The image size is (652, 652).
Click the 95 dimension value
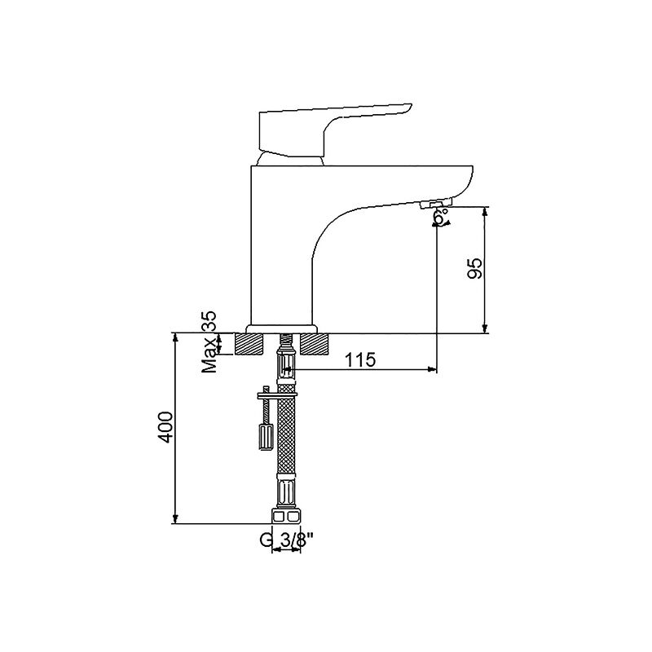click(474, 268)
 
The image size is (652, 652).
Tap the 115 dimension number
click(360, 359)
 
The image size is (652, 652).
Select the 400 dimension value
click(165, 427)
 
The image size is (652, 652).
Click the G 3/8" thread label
click(287, 540)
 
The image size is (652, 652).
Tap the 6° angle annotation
click(442, 217)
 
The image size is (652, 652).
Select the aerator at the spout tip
click(436, 204)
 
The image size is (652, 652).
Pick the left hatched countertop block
click(249, 344)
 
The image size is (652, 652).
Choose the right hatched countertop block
click(314, 344)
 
